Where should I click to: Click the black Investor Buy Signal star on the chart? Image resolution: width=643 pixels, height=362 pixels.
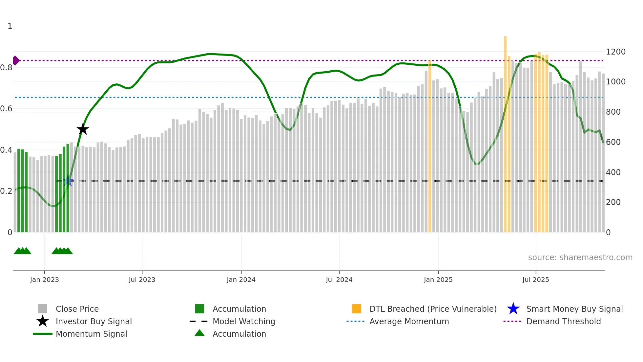tap(83, 129)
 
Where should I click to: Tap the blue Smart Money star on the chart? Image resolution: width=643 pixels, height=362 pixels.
tap(68, 181)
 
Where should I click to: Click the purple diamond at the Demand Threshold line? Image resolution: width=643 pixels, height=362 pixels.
tap(16, 60)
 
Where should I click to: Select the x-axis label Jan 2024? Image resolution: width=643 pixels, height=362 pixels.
tap(241, 280)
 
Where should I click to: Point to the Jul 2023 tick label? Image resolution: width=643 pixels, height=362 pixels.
tap(142, 280)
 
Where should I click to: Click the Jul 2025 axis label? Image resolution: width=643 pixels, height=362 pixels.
tap(535, 280)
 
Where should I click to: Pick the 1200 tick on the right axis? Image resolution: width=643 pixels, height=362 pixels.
tap(615, 52)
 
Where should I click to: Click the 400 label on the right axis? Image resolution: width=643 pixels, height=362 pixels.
tap(613, 172)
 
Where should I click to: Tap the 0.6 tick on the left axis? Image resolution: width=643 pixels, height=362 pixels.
tap(6, 109)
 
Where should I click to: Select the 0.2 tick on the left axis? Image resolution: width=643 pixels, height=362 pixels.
tap(6, 191)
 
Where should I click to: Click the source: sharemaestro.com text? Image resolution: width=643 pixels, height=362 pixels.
tap(580, 258)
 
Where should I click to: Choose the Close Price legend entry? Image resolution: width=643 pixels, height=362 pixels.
tap(77, 309)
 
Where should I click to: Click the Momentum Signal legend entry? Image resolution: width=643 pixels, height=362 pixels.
tap(91, 334)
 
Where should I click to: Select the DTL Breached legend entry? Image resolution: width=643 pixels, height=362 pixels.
tap(433, 309)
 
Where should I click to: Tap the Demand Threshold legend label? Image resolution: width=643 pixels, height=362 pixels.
tap(563, 321)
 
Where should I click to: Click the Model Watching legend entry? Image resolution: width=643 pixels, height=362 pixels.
tap(244, 321)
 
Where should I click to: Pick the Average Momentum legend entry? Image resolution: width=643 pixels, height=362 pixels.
tap(409, 321)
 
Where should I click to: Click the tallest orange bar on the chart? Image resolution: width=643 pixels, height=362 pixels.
tap(505, 131)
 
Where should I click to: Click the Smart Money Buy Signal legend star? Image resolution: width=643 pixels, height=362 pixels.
tap(513, 309)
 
